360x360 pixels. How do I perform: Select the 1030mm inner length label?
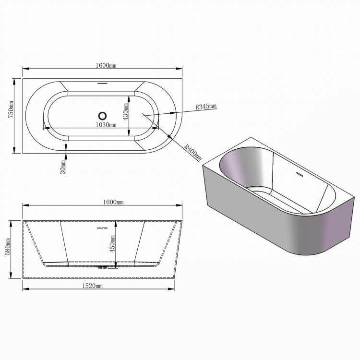click(105, 124)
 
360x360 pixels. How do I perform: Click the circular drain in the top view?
click(102, 115)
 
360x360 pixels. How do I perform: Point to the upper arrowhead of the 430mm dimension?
click(128, 96)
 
